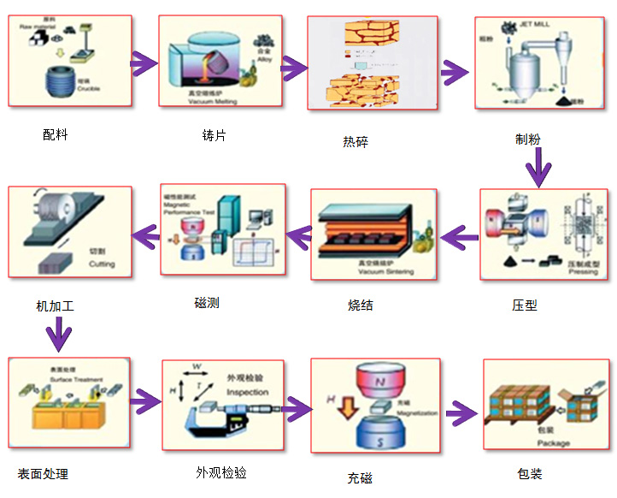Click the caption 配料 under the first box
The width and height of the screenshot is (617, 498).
tap(56, 134)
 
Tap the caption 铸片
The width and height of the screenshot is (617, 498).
tap(214, 135)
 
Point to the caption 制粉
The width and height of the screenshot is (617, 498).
tap(527, 139)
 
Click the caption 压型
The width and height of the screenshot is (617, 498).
tap(525, 305)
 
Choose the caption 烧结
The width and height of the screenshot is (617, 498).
tap(361, 305)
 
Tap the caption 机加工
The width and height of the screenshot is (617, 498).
tap(61, 305)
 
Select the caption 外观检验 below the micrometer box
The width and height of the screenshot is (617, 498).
tap(221, 472)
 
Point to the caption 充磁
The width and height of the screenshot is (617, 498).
tap(360, 477)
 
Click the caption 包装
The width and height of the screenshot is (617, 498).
tap(530, 473)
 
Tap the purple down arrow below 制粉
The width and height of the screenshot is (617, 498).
tap(538, 169)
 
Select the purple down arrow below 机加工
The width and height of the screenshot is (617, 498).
tap(57, 334)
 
